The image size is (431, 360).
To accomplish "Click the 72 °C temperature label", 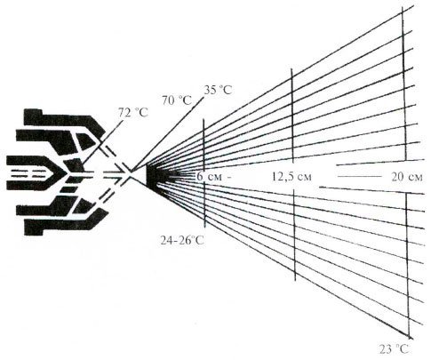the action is (132, 113).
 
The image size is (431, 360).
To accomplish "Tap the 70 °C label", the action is (177, 100).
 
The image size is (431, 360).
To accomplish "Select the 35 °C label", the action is (218, 90).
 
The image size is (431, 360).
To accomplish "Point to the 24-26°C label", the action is (182, 240).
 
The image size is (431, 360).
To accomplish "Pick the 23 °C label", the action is (395, 349).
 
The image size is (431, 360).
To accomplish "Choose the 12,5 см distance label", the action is (291, 177).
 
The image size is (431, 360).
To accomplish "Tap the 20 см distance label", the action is (407, 177).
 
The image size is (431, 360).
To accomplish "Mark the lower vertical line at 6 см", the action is (204, 205).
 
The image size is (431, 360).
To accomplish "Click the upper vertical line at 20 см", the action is (403, 83).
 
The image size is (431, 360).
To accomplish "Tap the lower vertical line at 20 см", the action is (408, 265).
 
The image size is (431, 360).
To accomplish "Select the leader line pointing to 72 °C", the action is (102, 141).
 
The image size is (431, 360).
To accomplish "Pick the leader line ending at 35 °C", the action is (167, 134).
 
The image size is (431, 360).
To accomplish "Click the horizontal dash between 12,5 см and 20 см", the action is (359, 177).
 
